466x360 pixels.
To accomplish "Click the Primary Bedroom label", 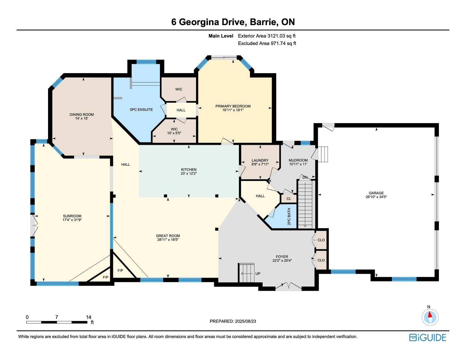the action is click(x=233, y=106).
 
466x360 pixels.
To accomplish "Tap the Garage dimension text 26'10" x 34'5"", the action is click(x=376, y=197).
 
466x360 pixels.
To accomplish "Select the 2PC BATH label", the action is click(x=289, y=217).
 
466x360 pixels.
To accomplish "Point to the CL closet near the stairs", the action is click(x=289, y=199).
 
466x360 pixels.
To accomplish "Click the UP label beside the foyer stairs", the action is click(x=258, y=274).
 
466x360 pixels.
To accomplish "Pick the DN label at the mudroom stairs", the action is click(x=305, y=177).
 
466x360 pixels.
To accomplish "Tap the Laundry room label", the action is click(x=260, y=160).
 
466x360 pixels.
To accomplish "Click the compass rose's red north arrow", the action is click(x=430, y=314).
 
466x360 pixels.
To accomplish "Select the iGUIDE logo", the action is click(x=428, y=337).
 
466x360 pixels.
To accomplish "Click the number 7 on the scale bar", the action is click(x=57, y=317).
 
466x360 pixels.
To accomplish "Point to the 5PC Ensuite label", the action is click(x=141, y=110).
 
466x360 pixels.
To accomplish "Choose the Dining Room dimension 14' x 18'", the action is click(x=82, y=118).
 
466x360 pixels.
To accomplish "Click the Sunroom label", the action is click(x=72, y=216).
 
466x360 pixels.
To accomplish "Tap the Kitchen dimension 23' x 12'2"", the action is click(x=189, y=173).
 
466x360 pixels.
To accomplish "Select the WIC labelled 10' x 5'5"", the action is click(x=174, y=131).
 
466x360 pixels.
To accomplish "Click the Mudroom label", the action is click(x=298, y=160).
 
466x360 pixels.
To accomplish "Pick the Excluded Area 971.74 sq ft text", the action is click(x=267, y=43).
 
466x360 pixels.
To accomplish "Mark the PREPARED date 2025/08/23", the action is click(x=246, y=321).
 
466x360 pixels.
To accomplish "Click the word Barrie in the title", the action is click(x=263, y=22).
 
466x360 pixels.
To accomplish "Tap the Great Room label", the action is click(x=168, y=236).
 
